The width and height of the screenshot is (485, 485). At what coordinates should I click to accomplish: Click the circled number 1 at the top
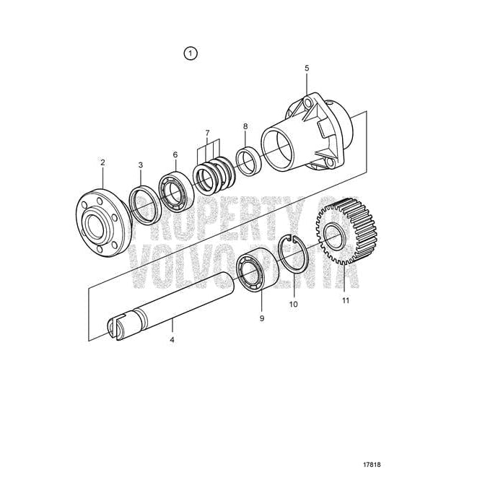[191, 53]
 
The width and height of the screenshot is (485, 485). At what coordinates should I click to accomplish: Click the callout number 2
[103, 163]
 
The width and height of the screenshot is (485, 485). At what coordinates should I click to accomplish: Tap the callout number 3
[141, 166]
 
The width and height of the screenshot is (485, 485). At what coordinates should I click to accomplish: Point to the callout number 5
[307, 68]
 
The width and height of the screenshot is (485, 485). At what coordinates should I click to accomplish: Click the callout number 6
[175, 154]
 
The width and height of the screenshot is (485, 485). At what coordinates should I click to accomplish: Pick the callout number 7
[207, 133]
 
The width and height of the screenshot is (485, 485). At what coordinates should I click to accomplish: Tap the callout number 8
[245, 126]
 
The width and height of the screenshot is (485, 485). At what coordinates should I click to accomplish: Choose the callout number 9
[262, 318]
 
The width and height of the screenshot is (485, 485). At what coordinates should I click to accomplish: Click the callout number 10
[293, 305]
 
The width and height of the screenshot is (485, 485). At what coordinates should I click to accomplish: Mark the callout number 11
[345, 300]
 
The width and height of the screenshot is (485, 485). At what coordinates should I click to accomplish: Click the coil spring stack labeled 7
[211, 178]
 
